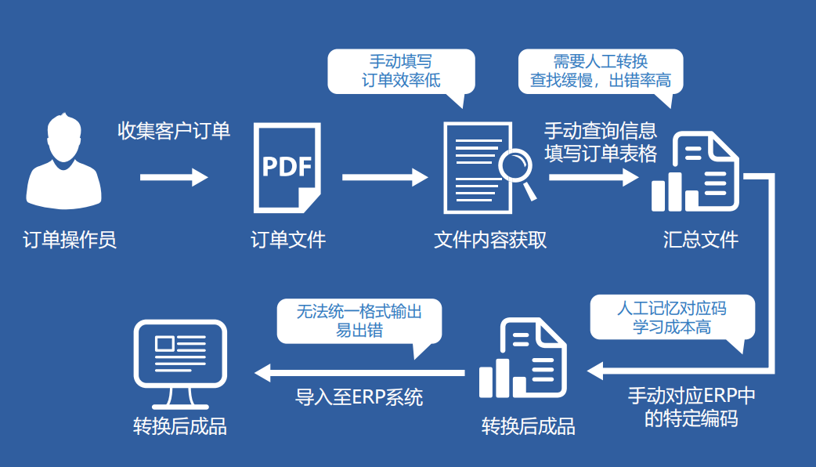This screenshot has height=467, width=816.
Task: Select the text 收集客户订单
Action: point(174,130)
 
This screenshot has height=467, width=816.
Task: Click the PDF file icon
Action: point(287,168)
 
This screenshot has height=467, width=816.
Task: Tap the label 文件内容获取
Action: point(490,240)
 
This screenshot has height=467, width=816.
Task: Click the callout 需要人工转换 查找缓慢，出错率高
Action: point(600,71)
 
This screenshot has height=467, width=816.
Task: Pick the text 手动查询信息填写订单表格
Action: point(601,142)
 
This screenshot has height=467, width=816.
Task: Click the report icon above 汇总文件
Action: point(695,172)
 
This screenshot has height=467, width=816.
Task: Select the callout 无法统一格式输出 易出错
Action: point(359,320)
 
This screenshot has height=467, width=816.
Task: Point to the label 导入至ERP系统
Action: point(359,397)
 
